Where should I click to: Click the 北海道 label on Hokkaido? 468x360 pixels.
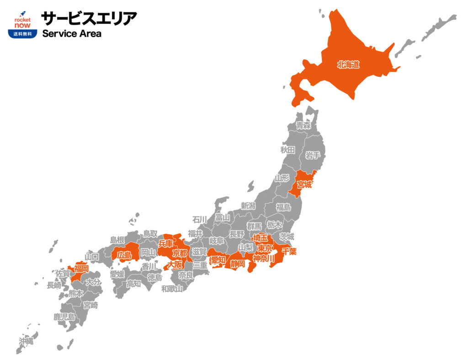(348, 65)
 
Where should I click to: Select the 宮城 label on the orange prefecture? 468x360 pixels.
(304, 185)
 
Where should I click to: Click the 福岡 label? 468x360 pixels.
(81, 269)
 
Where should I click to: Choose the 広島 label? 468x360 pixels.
(125, 255)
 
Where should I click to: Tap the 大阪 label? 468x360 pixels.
(175, 265)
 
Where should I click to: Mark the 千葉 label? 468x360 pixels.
(289, 251)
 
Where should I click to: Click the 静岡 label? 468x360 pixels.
(238, 264)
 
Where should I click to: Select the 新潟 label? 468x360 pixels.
(248, 206)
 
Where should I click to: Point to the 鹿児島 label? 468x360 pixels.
(64, 316)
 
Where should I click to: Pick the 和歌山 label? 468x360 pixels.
(172, 288)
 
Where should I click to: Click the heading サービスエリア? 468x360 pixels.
(89, 18)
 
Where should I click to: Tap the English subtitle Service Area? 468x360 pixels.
(72, 33)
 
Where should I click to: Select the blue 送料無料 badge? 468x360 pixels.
(22, 34)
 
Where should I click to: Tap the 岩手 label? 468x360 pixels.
(313, 155)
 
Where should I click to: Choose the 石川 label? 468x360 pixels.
(200, 219)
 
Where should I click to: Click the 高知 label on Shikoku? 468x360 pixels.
(133, 284)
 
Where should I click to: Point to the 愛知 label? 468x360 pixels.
(218, 260)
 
